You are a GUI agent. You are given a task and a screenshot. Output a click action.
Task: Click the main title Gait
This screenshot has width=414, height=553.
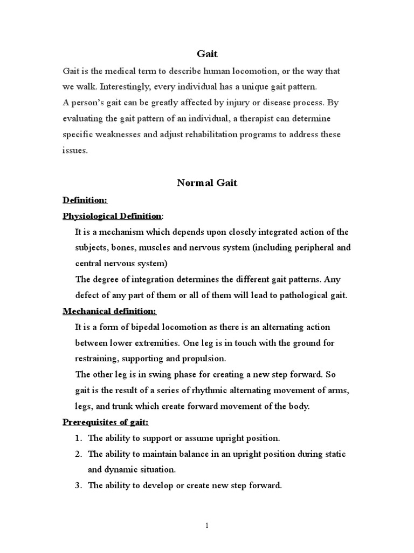(x=207, y=53)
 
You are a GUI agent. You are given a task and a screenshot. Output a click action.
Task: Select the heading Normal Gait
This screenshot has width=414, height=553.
(x=207, y=183)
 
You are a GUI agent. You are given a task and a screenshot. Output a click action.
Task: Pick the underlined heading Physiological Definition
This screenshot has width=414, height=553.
(x=112, y=216)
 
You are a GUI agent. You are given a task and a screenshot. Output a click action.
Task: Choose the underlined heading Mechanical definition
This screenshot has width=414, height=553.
(x=109, y=311)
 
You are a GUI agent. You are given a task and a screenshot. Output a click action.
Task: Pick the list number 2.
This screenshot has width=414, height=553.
(x=78, y=454)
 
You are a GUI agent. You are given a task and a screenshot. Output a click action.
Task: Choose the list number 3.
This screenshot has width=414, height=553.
(x=78, y=485)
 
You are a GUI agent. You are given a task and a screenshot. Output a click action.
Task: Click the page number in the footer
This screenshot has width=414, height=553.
(x=206, y=527)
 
